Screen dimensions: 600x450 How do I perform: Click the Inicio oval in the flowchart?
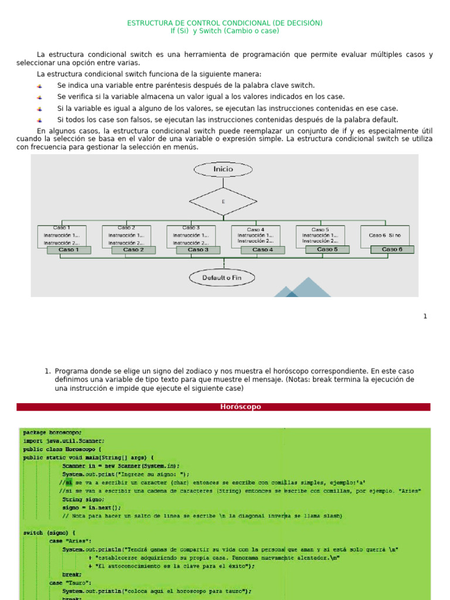(x=223, y=169)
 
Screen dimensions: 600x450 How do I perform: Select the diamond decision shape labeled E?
(x=223, y=202)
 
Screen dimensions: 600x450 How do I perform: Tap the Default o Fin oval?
(x=222, y=277)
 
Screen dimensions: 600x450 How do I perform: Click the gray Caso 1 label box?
(x=69, y=250)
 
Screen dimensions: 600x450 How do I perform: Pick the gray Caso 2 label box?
(x=134, y=250)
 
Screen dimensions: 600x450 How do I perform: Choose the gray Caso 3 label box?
(x=198, y=250)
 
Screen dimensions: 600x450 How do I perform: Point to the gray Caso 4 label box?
(x=262, y=250)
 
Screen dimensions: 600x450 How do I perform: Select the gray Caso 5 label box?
(x=327, y=249)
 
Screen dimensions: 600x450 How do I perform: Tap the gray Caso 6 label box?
(x=392, y=249)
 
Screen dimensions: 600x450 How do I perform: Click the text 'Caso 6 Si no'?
(x=385, y=235)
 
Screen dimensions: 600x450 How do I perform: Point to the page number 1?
(x=425, y=316)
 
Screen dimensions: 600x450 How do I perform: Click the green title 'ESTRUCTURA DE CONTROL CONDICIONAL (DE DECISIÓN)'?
(x=225, y=23)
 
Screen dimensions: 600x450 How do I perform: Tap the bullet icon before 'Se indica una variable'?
(x=40, y=86)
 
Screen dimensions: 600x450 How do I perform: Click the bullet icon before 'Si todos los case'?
(x=40, y=120)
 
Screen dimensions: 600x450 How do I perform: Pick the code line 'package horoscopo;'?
(x=53, y=432)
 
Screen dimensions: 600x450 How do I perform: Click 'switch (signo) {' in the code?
(x=49, y=533)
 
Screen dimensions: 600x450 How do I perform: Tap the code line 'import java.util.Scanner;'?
(x=64, y=441)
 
